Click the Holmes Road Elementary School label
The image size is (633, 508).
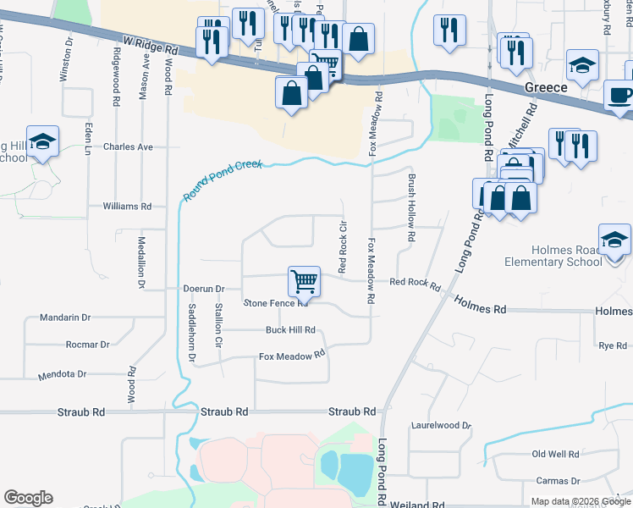click(x=567, y=256)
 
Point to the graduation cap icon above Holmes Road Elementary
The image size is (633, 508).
click(x=614, y=240)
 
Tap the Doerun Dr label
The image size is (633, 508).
click(x=203, y=289)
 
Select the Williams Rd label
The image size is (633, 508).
click(x=126, y=206)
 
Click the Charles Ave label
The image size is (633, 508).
click(x=128, y=146)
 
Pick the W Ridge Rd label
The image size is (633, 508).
click(x=151, y=45)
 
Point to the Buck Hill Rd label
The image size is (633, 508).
click(x=290, y=330)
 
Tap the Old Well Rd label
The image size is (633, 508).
click(x=555, y=455)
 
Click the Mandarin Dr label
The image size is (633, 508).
click(x=65, y=317)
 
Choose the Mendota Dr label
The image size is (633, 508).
click(x=63, y=373)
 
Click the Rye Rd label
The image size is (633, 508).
click(x=612, y=345)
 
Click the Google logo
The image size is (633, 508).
click(x=28, y=498)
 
